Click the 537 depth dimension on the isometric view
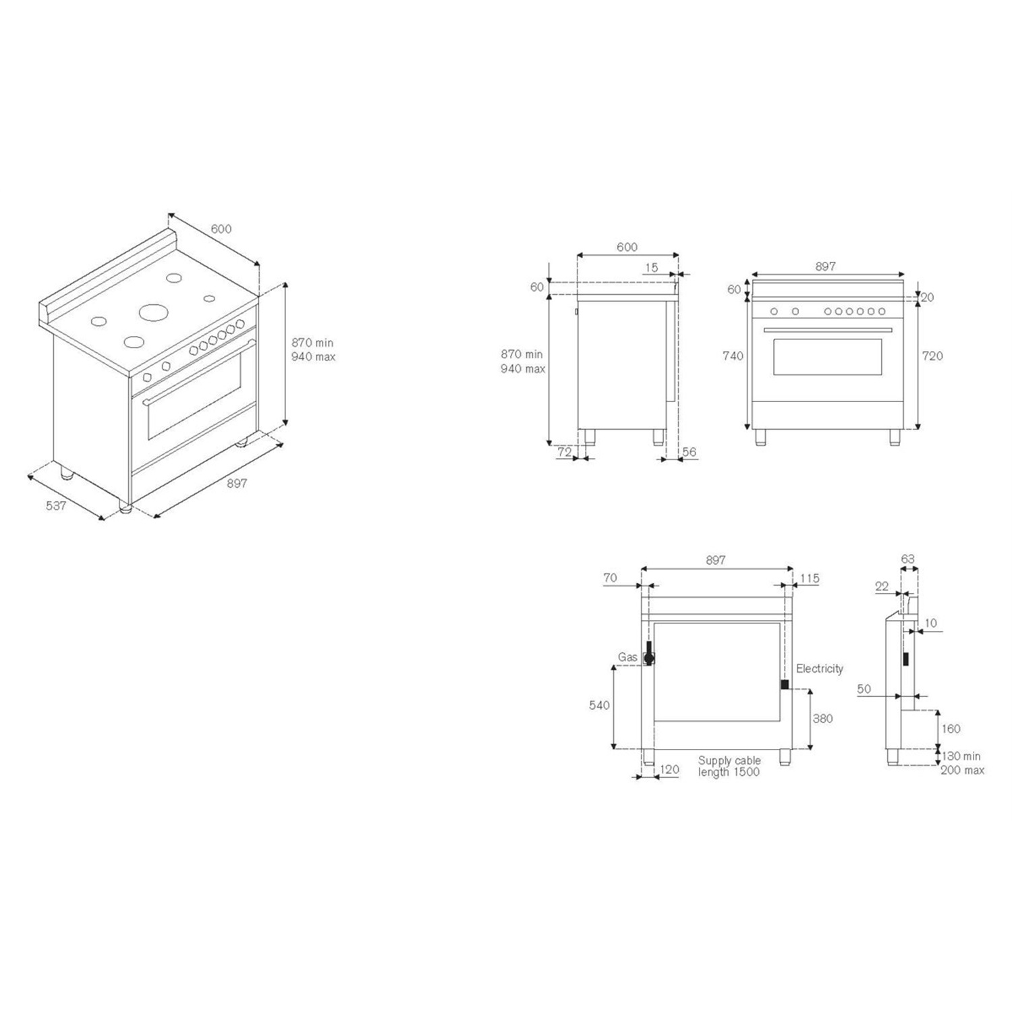click(55, 505)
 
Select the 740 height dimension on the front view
click(732, 356)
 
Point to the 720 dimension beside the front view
click(932, 356)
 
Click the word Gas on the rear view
click(627, 657)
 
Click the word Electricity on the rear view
click(820, 669)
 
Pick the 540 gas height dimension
click(599, 705)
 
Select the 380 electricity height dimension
click(822, 719)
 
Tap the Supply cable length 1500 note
click(729, 766)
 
